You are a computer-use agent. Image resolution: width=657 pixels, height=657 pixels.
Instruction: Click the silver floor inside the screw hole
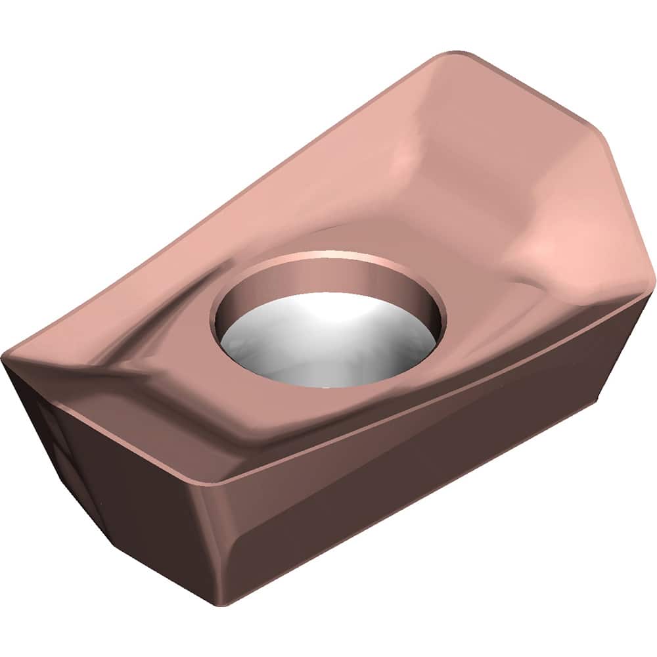pos(328,348)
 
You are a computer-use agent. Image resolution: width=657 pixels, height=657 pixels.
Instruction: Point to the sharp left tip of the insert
pos(5,360)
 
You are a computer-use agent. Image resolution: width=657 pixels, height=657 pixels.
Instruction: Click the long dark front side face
pos(420,460)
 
